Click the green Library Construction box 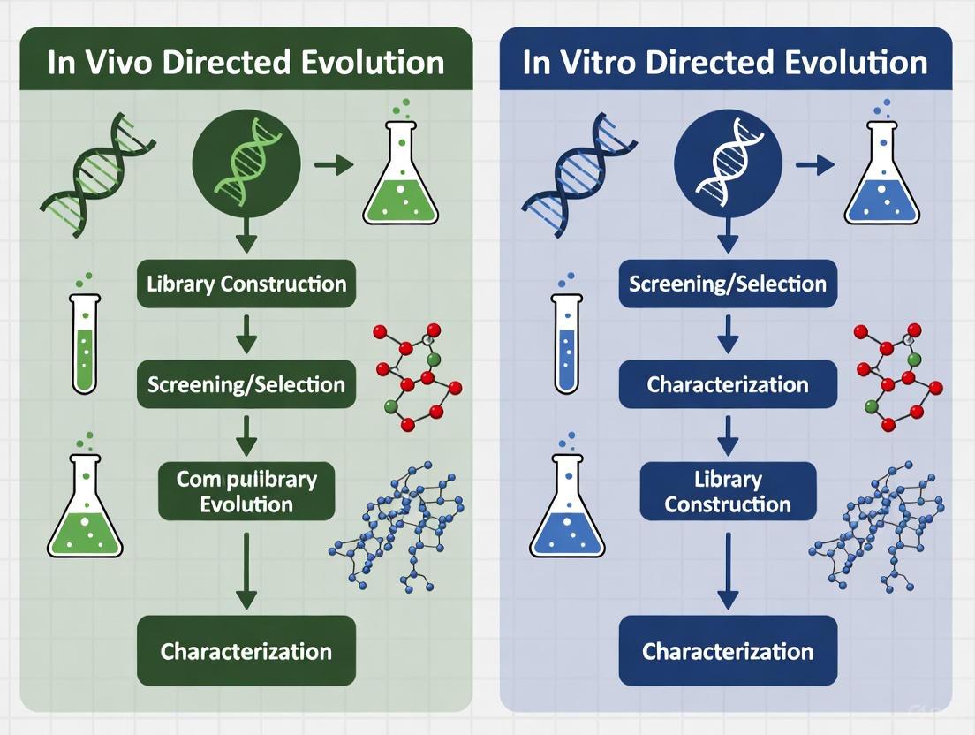pyautogui.click(x=246, y=284)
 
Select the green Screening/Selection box pyautogui.click(x=246, y=384)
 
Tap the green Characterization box pyautogui.click(x=246, y=652)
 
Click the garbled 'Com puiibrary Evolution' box pyautogui.click(x=246, y=491)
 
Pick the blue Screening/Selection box pyautogui.click(x=728, y=284)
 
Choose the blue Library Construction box pyautogui.click(x=728, y=491)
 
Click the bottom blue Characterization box pyautogui.click(x=728, y=652)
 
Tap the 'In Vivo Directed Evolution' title pyautogui.click(x=246, y=62)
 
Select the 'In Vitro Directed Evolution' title pyautogui.click(x=725, y=62)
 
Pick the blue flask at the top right pyautogui.click(x=881, y=177)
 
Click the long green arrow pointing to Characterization pyautogui.click(x=246, y=571)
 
